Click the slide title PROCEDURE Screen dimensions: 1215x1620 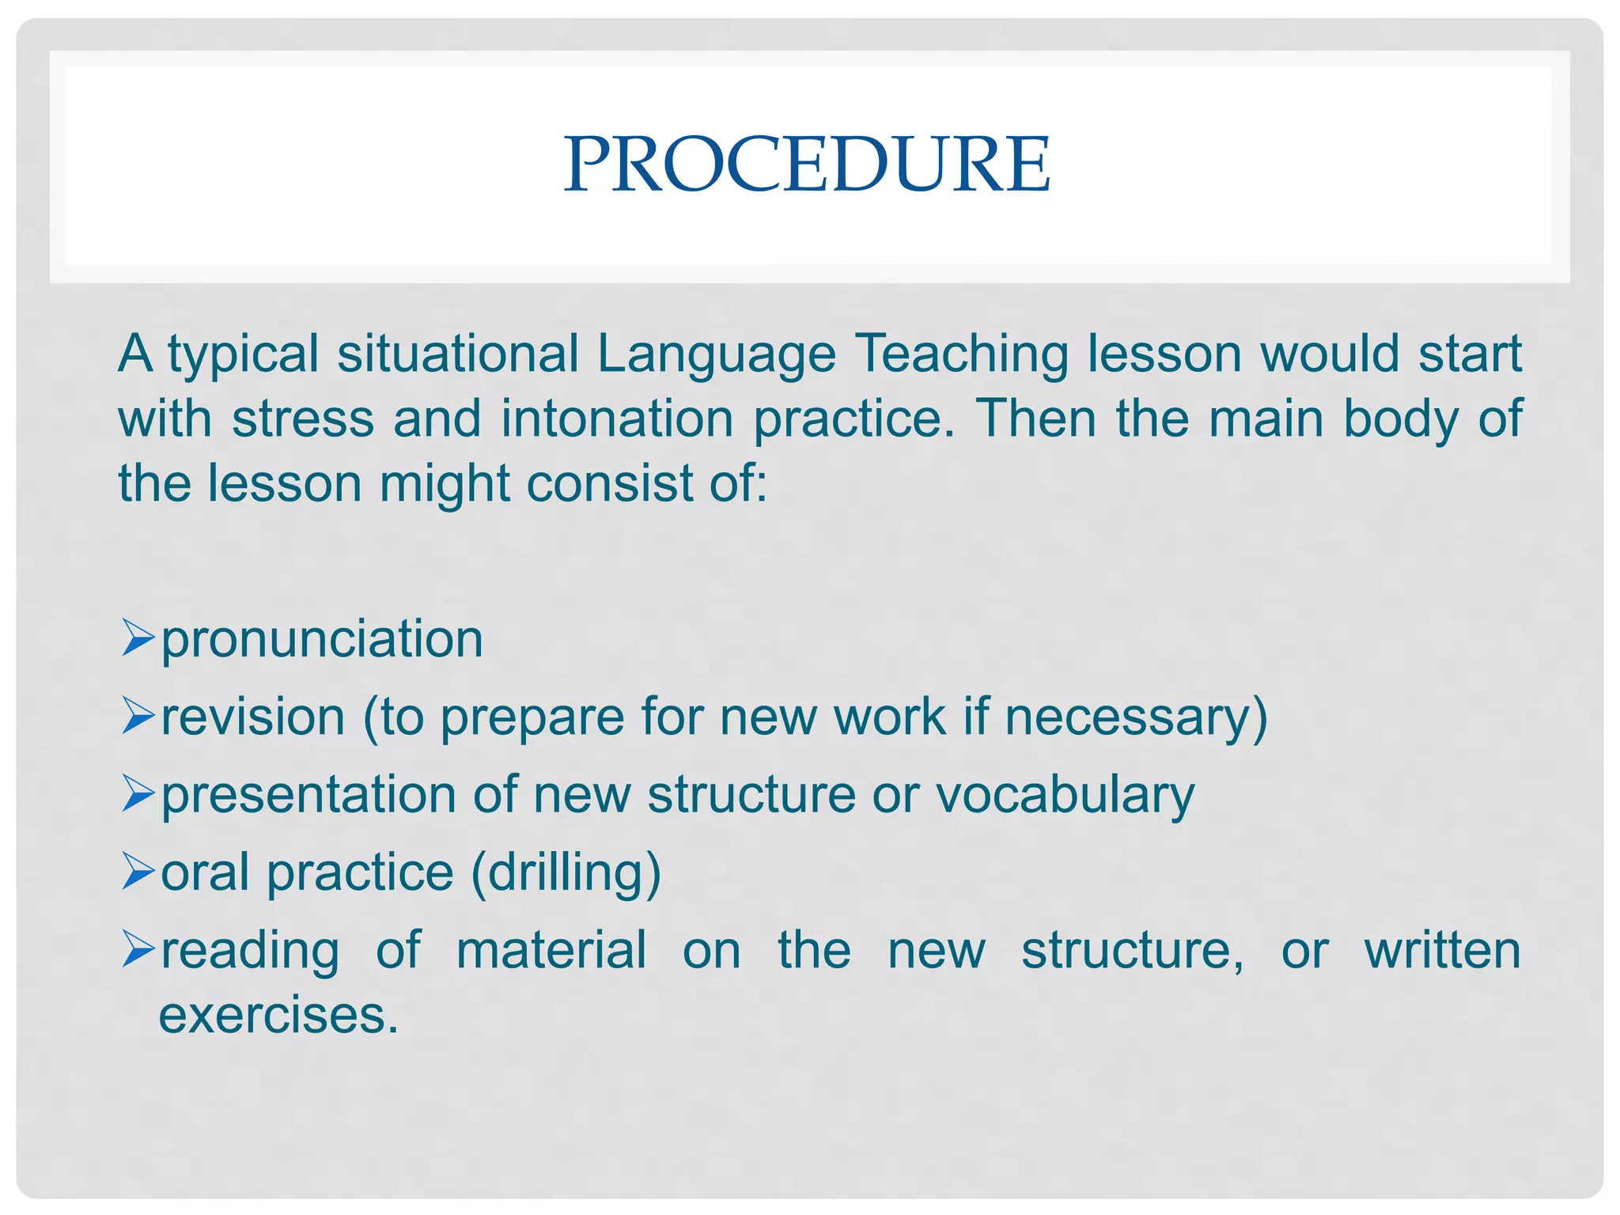(807, 164)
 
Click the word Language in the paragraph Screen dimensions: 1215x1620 (716, 354)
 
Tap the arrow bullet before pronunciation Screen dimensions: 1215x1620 (138, 638)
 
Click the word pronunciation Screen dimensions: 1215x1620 (322, 640)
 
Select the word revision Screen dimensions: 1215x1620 (253, 716)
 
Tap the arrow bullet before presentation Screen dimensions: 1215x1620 (138, 794)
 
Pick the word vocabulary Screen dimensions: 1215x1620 (1065, 795)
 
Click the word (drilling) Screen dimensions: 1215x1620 (566, 872)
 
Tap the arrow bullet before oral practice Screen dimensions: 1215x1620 (138, 872)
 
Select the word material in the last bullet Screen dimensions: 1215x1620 (551, 949)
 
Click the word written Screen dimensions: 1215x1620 (1442, 949)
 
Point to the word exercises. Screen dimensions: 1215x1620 (278, 1015)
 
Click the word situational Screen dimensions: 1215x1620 (458, 354)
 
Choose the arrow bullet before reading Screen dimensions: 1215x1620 (138, 949)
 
